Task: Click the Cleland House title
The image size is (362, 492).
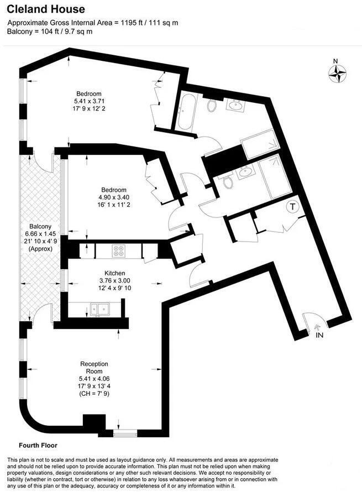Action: click(46, 9)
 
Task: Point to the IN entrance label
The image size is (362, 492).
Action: click(319, 335)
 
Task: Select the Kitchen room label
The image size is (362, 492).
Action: click(115, 273)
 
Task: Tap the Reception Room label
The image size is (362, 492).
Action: click(94, 368)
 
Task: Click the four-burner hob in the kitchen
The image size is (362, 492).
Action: click(118, 250)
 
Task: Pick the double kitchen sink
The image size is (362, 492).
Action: click(100, 308)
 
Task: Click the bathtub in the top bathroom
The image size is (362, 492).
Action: click(186, 112)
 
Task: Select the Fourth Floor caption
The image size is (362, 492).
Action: click(38, 445)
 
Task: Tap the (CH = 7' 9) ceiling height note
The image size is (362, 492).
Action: click(94, 395)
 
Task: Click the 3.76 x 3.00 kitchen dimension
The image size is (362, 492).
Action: click(115, 280)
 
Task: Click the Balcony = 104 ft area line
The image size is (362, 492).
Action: click(50, 32)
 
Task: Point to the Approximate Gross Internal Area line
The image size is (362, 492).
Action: click(92, 23)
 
